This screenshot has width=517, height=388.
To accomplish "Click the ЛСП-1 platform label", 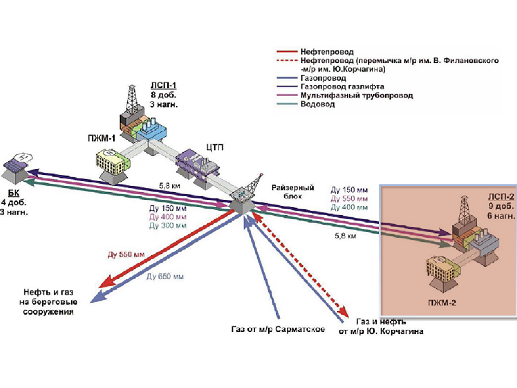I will (163, 86).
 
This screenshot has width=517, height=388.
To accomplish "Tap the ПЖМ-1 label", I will (101, 138).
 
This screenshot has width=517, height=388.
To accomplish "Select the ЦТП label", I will (214, 148).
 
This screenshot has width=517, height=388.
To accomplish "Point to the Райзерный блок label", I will (293, 192).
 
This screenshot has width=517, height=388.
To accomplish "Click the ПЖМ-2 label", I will (442, 303).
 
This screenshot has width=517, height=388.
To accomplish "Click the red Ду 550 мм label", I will (126, 254).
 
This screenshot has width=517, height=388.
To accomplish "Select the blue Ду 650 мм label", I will (165, 277).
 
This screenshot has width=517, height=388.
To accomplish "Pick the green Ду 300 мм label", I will (168, 226).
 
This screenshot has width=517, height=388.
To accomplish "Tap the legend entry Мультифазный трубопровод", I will (356, 96).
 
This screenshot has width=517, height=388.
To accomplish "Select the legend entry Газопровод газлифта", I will (342, 87).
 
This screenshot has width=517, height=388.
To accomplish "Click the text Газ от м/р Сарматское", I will (278, 329).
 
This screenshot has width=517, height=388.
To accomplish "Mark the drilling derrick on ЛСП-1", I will (130, 99).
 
